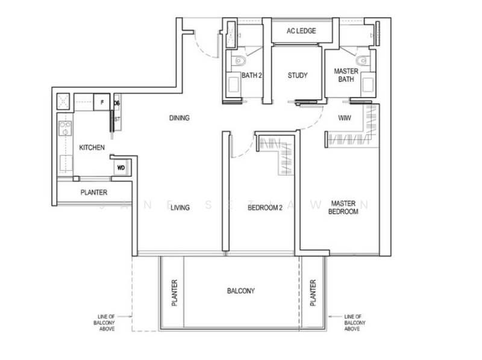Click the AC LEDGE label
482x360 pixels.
pos(301,31)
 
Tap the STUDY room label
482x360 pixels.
pos(297,75)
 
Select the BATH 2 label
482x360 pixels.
pos(252,75)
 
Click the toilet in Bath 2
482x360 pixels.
pos(238,60)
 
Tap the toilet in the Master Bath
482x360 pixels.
pos(361,60)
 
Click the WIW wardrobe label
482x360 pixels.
pos(345,117)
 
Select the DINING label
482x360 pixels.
pos(180,118)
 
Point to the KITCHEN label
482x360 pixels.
pos(92,147)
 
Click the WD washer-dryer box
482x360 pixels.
pos(120,167)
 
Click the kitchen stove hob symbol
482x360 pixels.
pos(65,128)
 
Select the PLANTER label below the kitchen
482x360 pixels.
pos(94,193)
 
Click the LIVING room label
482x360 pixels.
pos(180,208)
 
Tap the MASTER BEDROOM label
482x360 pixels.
pos(344,208)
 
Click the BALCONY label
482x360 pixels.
pos(240,291)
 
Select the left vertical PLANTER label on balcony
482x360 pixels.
pos(175,292)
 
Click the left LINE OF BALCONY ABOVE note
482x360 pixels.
pos(106,323)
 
